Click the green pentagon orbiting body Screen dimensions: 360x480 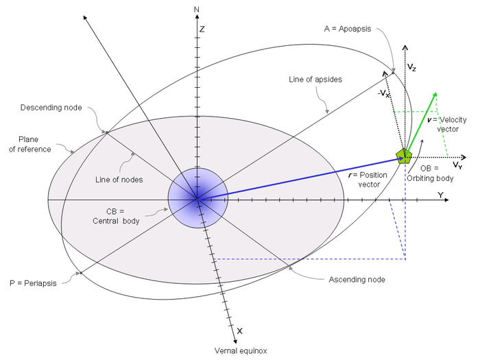point(403,156)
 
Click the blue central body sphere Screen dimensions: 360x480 point(197,199)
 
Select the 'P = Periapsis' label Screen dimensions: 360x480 point(32,282)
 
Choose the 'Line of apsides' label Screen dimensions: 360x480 point(311,80)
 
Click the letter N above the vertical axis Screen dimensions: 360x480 point(197,9)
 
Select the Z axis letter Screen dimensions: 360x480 point(202,29)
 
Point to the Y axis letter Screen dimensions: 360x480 point(440,195)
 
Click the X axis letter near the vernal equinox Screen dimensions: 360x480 point(239,331)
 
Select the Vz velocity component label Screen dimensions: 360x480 point(411,69)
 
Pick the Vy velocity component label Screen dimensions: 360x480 point(457,165)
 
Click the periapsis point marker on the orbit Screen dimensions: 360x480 point(80,273)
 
